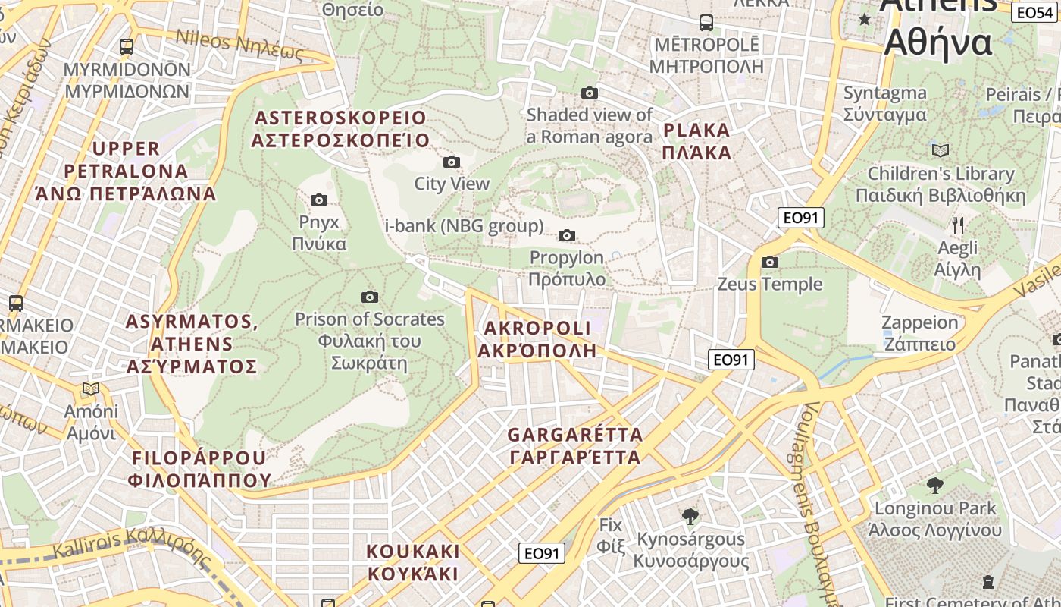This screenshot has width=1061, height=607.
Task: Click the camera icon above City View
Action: pos(451,162)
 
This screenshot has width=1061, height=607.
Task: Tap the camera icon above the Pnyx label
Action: pos(319,200)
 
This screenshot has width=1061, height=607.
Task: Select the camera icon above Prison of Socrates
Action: pos(370,297)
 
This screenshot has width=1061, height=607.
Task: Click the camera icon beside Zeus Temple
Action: pos(770,263)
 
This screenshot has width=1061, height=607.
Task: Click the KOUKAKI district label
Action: pos(413,562)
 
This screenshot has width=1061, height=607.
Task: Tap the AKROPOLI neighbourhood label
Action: pos(537,339)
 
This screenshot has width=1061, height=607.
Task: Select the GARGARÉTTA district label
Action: pos(574,446)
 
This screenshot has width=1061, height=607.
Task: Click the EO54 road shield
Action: pos(1034,12)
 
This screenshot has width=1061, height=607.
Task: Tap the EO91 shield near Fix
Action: pos(542,553)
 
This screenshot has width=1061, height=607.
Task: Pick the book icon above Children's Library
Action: pos(941,150)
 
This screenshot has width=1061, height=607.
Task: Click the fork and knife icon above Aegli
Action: pos(958,225)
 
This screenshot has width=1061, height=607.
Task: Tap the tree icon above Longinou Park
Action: pos(935,485)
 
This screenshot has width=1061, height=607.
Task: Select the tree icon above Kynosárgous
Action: pos(690,517)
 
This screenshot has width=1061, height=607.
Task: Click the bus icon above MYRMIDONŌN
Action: pos(127,47)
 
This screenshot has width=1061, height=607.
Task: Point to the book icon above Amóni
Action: pos(91,389)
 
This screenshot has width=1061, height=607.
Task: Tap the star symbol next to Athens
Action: pos(865,19)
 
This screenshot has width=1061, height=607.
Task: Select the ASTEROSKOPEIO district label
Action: pos(340,129)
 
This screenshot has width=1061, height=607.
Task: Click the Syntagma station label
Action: pos(884,104)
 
